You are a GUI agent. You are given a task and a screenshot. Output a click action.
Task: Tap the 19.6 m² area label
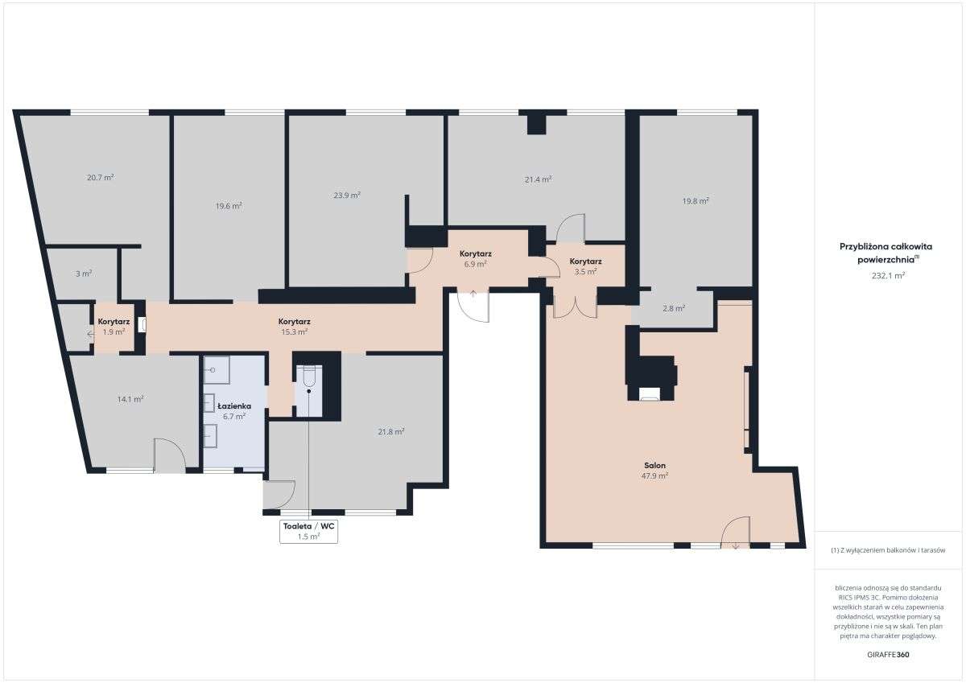pyautogui.click(x=229, y=205)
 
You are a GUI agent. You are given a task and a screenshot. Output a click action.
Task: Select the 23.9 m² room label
pyautogui.click(x=346, y=195)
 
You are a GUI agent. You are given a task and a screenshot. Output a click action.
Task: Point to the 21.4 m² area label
pyautogui.click(x=538, y=179)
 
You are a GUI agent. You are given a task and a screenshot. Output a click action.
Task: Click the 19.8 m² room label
pyautogui.click(x=696, y=201)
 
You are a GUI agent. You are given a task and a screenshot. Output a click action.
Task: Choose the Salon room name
pyautogui.click(x=654, y=465)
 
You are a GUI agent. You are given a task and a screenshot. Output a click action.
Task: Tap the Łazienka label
pyautogui.click(x=233, y=406)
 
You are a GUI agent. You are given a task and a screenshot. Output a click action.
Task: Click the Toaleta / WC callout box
pyautogui.click(x=308, y=531)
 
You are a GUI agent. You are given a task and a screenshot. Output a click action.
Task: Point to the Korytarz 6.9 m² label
pyautogui.click(x=475, y=258)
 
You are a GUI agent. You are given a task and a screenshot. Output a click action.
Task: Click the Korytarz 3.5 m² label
pyautogui.click(x=585, y=266)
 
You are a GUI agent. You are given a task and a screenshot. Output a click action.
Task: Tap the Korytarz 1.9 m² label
pyautogui.click(x=114, y=327)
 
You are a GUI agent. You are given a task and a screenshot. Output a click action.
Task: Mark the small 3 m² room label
pyautogui.click(x=84, y=274)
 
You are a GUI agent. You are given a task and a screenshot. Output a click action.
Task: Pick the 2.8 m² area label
pyautogui.click(x=674, y=308)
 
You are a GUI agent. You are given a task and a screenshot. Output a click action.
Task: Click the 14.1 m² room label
pyautogui.click(x=130, y=398)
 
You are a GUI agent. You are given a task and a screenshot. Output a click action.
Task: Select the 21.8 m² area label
pyautogui.click(x=391, y=431)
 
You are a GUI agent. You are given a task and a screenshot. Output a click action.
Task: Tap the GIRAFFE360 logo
pyautogui.click(x=888, y=655)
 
